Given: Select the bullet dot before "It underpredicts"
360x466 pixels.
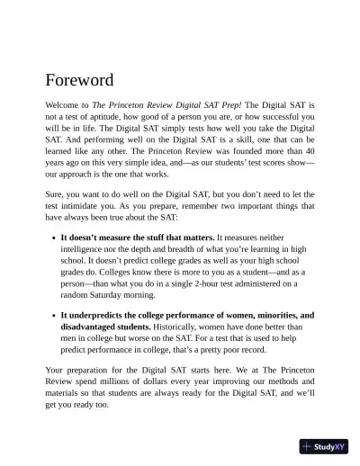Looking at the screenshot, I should (53, 317).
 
